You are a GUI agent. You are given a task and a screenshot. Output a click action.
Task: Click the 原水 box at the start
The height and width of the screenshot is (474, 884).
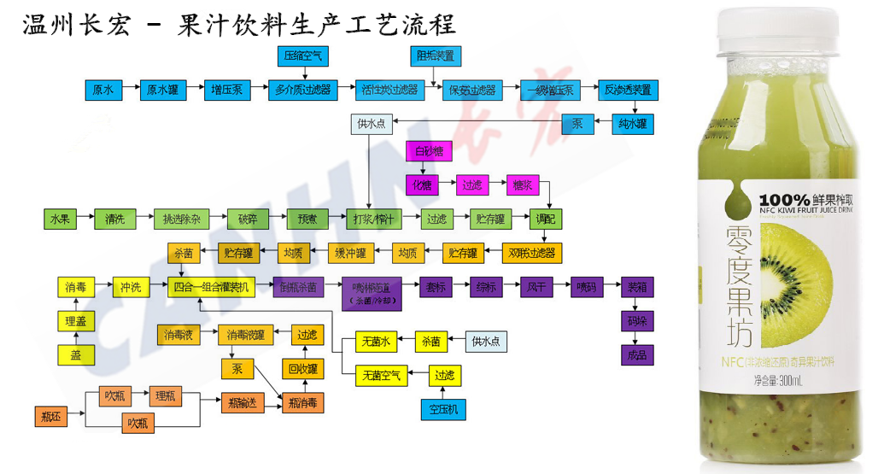(x=103, y=90)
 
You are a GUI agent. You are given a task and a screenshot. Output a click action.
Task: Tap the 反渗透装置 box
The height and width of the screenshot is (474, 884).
(x=627, y=90)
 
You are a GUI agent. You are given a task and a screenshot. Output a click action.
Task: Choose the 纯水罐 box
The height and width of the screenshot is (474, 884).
(x=633, y=124)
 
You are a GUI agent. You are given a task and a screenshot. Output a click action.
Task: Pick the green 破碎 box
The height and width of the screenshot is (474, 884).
(x=248, y=219)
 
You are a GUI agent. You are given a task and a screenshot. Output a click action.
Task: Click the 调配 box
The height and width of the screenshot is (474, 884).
(x=547, y=219)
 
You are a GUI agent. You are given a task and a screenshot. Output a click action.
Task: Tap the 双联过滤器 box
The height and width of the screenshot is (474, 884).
(x=531, y=253)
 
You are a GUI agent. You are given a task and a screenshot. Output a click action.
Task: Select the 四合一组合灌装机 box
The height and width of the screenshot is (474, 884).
(x=211, y=287)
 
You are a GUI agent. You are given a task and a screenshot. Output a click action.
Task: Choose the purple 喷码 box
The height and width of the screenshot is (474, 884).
(x=588, y=287)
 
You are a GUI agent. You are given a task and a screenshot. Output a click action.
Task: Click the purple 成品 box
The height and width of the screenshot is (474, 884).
(x=637, y=354)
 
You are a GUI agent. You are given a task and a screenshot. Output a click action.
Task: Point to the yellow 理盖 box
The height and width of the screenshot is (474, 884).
(x=76, y=322)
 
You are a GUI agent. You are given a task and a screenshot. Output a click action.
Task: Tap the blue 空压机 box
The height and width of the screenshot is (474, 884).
(x=443, y=409)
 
